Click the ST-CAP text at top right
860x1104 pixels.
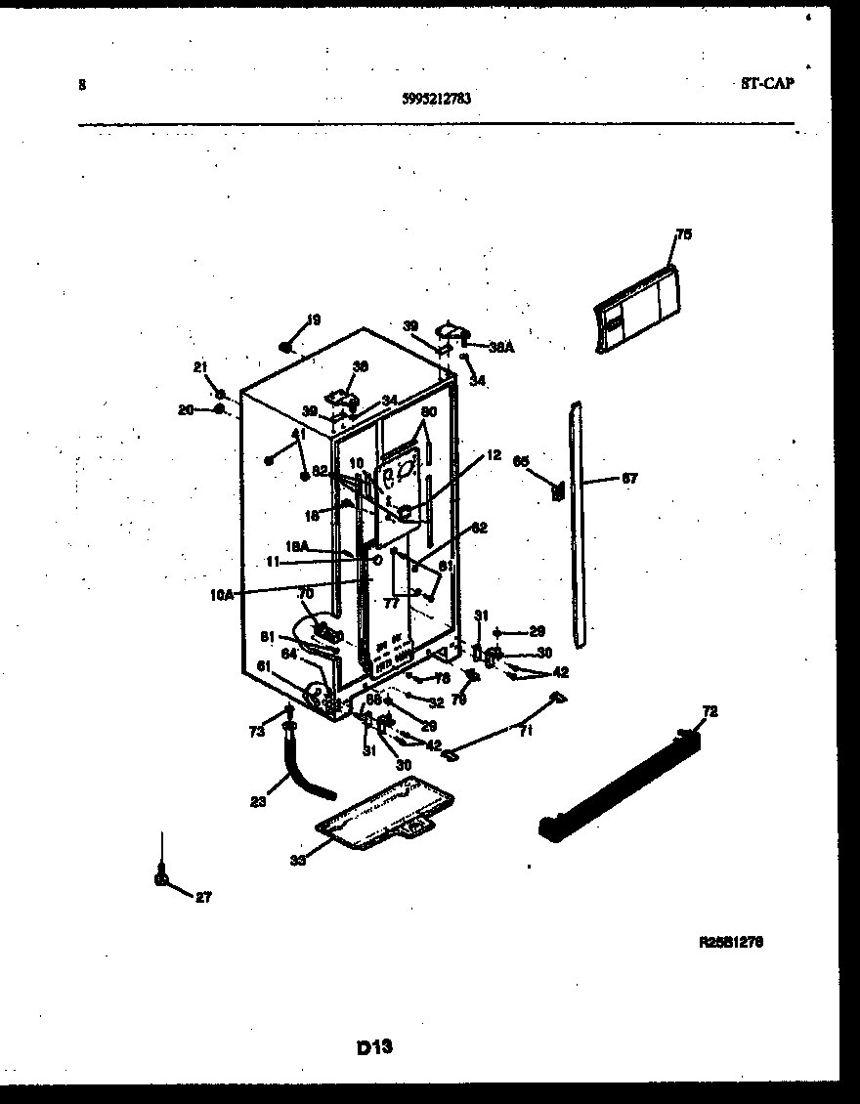pos(767,84)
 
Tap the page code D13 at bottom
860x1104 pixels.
pos(374,1047)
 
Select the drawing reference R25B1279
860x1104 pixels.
pos(732,944)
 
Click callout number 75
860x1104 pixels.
pos(683,234)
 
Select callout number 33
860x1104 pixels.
pos(297,860)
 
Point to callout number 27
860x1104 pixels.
pos(202,896)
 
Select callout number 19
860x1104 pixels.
pos(313,319)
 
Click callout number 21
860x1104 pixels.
pos(200,367)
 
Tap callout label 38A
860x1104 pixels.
pos(501,345)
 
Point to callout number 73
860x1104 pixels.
pos(256,731)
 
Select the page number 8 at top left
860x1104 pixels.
pos(82,85)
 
